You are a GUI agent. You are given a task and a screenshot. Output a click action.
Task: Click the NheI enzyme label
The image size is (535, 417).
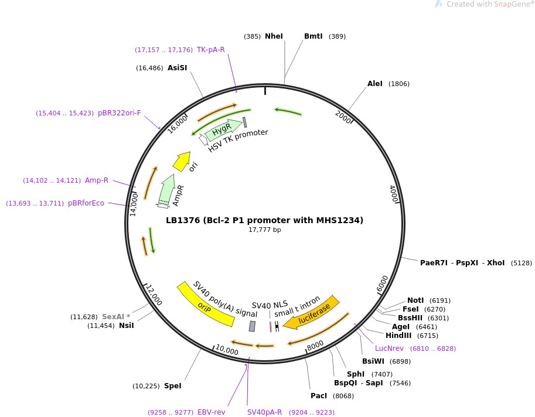pyautogui.click(x=274, y=36)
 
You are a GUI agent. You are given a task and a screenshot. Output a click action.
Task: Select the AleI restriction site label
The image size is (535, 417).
pyautogui.click(x=375, y=84)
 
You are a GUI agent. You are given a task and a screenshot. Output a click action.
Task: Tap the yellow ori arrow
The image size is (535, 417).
pyautogui.click(x=182, y=161)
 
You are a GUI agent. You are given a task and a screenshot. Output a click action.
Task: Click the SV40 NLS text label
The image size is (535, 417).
pyautogui.click(x=270, y=305)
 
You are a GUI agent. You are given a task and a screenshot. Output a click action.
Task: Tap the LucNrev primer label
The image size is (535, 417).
pyautogui.click(x=389, y=348)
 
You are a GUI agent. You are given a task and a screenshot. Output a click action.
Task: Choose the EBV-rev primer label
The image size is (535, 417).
pyautogui.click(x=212, y=412)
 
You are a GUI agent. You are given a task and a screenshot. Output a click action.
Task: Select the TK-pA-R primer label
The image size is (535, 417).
pyautogui.click(x=211, y=50)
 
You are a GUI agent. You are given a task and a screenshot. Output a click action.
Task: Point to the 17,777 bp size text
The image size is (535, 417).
pyautogui.click(x=265, y=230)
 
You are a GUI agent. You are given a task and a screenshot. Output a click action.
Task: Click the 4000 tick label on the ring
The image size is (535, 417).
pyautogui.click(x=394, y=194)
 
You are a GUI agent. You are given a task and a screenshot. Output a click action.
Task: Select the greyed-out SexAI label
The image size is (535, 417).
pyautogui.click(x=116, y=317)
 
